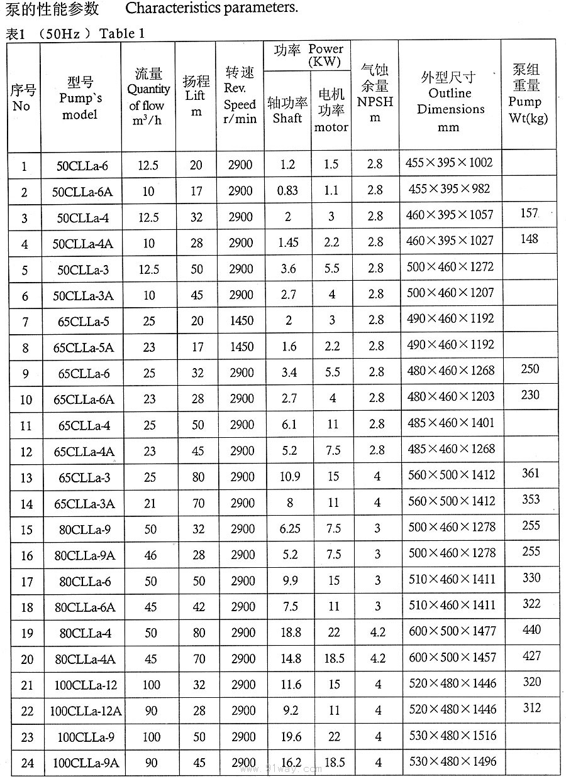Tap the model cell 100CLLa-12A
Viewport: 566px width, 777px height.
click(86, 711)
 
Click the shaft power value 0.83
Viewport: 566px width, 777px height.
click(287, 190)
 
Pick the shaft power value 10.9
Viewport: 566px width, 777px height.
click(289, 477)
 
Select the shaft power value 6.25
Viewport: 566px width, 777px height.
click(289, 529)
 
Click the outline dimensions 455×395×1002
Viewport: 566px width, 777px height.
click(449, 163)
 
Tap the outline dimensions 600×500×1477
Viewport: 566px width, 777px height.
click(452, 631)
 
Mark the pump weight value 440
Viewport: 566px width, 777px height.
click(531, 629)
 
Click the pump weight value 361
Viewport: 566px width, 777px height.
click(531, 473)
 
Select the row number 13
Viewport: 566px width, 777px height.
click(26, 478)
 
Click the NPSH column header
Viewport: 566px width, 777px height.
click(375, 94)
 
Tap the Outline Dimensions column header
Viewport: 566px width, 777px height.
click(450, 101)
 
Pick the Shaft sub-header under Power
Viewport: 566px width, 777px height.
click(287, 109)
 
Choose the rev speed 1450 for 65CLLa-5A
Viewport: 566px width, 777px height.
click(241, 347)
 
